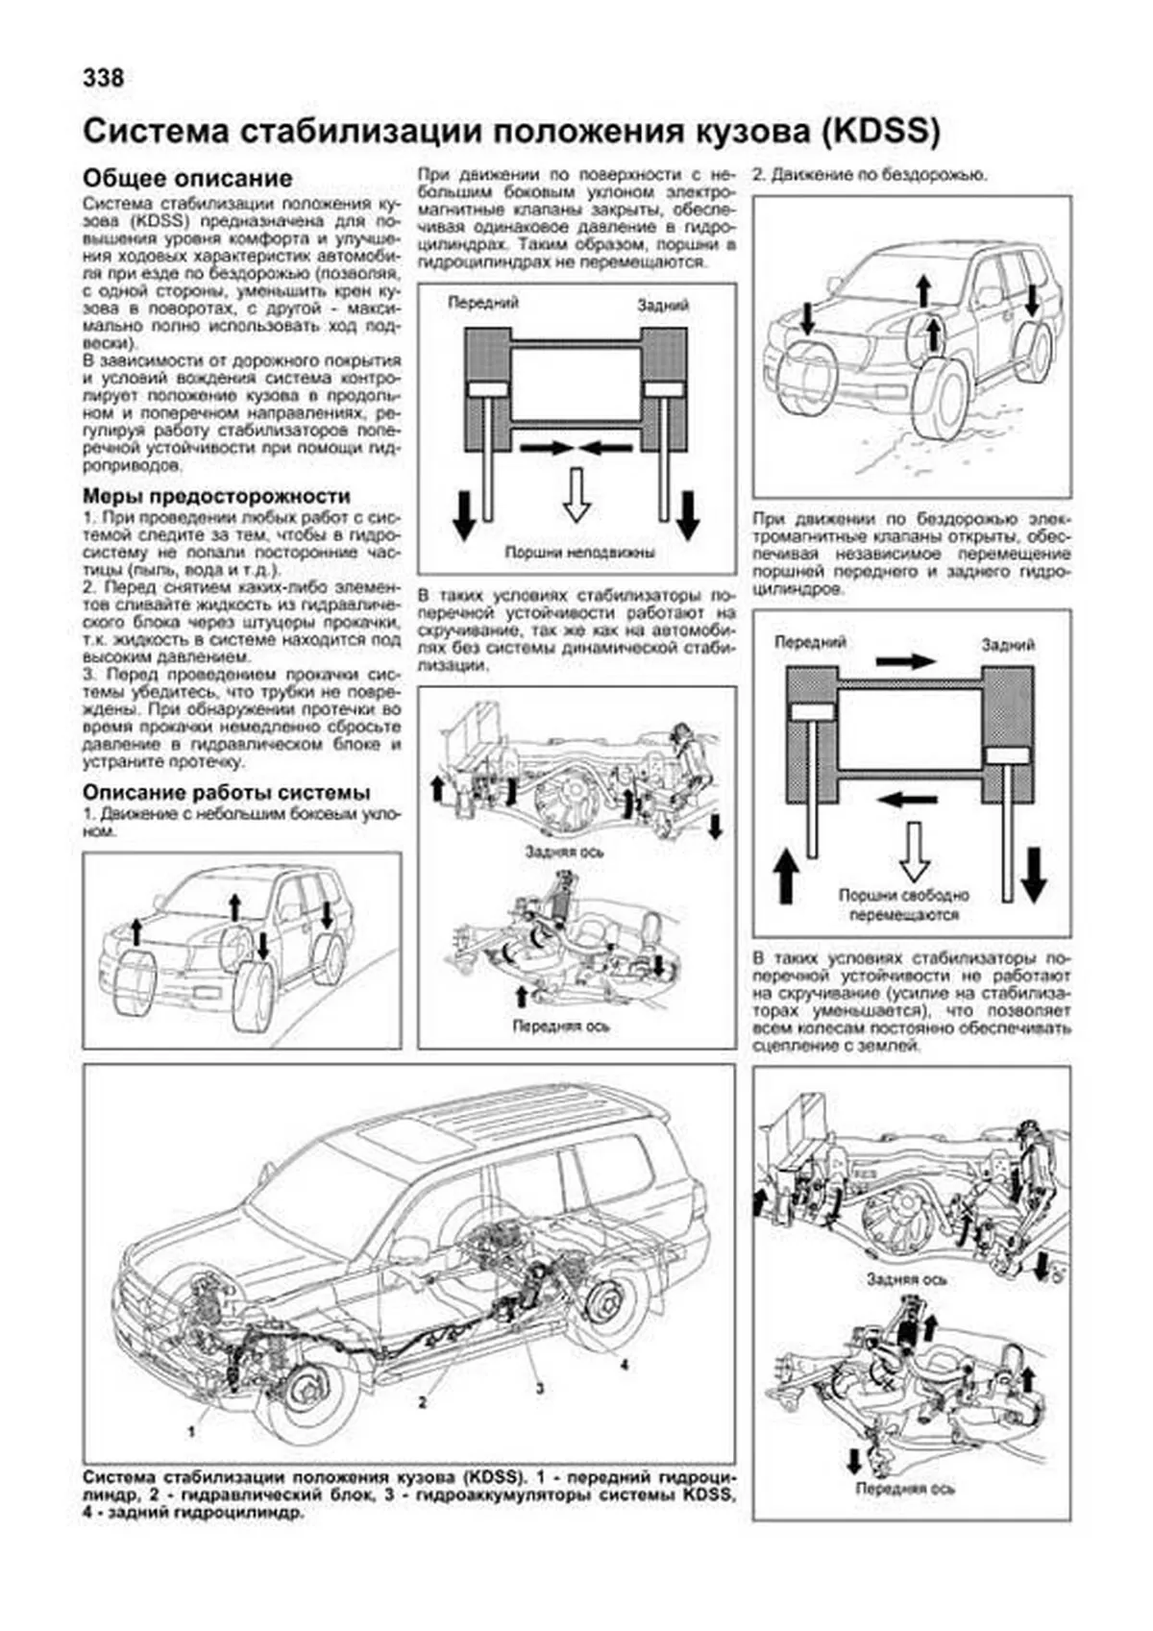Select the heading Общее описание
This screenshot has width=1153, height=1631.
(187, 179)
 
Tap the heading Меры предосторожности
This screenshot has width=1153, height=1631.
(216, 496)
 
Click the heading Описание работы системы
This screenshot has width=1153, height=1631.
(226, 793)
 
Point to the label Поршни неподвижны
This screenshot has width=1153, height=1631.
(579, 553)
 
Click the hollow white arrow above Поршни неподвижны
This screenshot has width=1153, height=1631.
(576, 493)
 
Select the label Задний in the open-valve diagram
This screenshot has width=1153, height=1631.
(1007, 645)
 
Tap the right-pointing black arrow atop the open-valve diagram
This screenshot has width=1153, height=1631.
(905, 661)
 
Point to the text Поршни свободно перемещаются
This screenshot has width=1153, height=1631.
(904, 904)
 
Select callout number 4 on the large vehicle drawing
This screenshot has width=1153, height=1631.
(624, 1365)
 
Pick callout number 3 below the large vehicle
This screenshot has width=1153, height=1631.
(540, 1388)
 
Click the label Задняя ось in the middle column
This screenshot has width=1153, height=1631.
(565, 852)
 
